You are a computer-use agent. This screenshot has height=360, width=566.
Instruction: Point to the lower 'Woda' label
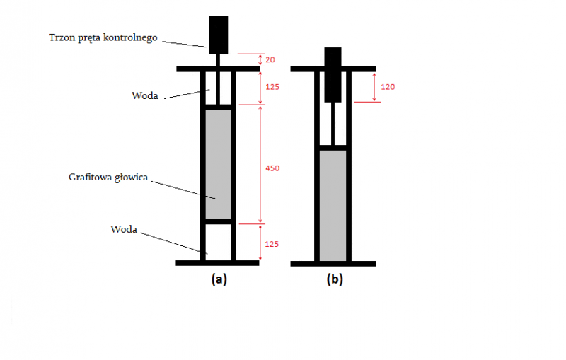click(123, 229)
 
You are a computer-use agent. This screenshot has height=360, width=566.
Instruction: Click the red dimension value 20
click(270, 60)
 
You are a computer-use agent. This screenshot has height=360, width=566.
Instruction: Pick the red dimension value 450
click(271, 169)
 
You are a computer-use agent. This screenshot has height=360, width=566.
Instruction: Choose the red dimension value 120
click(387, 87)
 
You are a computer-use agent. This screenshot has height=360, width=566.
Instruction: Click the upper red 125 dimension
click(271, 87)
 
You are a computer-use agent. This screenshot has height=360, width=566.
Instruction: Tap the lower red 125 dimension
click(271, 244)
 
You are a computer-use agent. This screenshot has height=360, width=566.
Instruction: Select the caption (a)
click(219, 279)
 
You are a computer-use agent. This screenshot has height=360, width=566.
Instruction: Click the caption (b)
click(334, 279)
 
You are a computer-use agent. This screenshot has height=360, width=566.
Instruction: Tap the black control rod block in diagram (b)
click(333, 74)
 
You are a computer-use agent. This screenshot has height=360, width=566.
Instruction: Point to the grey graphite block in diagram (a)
click(218, 164)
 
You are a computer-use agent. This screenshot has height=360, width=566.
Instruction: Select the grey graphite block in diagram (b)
click(333, 205)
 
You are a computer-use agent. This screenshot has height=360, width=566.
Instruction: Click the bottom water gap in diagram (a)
click(218, 243)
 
